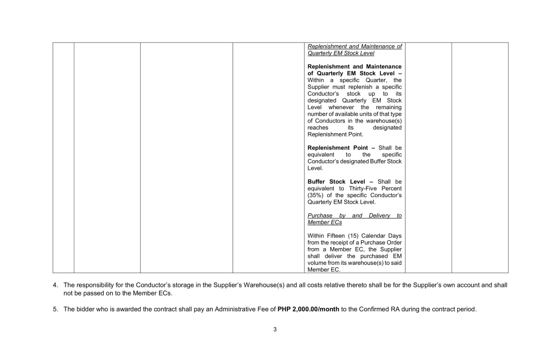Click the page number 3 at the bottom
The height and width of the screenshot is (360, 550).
[x=274, y=329]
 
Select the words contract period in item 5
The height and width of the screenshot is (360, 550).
[x=456, y=309]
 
